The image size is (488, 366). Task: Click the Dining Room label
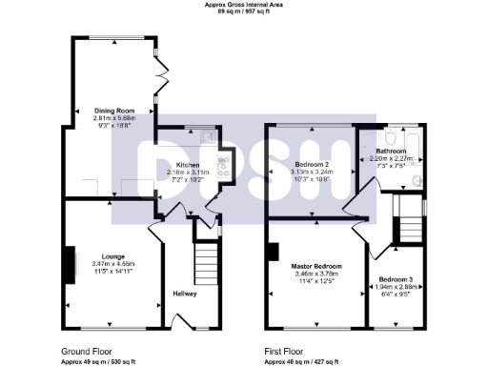112,110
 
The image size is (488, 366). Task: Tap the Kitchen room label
189,165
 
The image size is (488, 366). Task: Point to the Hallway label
185,294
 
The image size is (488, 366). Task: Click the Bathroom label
390,152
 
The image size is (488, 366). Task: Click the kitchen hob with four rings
223,170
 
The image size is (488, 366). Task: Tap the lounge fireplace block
70,265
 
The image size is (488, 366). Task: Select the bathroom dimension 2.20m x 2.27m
390,159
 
